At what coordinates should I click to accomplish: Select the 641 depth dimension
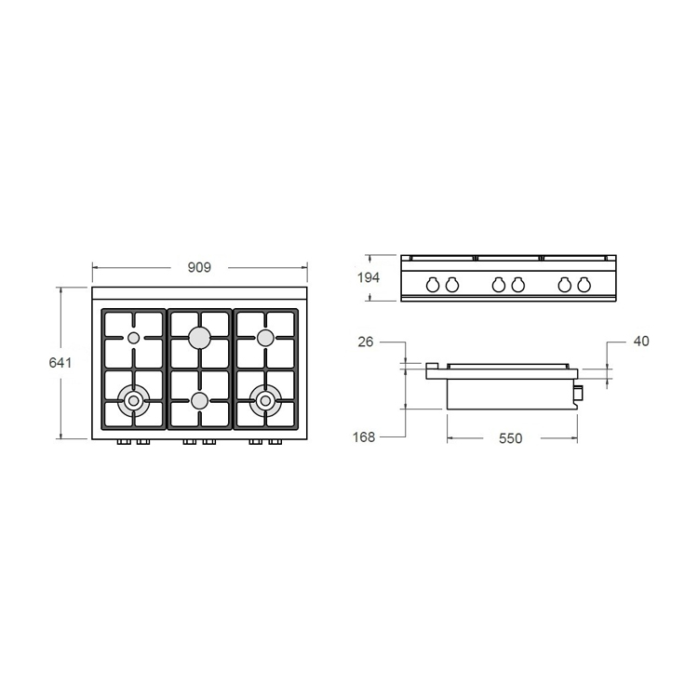pos(60,362)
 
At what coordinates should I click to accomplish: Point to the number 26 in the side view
pos(365,342)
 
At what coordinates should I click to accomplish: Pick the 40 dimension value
pos(640,342)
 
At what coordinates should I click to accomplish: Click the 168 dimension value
pos(365,436)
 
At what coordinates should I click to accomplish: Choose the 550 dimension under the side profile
pos(508,437)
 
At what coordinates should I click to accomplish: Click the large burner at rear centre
pos(199,338)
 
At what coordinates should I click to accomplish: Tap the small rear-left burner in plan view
pos(134,338)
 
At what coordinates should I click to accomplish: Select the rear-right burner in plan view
pos(265,337)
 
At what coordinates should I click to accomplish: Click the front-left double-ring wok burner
pos(134,401)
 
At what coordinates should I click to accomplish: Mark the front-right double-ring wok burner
pos(265,401)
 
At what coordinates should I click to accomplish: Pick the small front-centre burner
pos(199,401)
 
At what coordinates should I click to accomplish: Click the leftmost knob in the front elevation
pos(433,285)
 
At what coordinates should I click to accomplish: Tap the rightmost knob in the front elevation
pos(583,285)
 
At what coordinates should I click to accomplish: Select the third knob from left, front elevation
pos(498,285)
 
